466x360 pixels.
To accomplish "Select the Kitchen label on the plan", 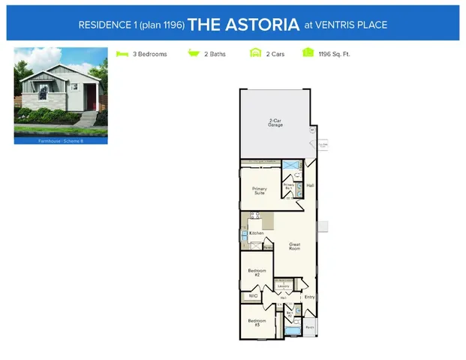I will tap(257, 234).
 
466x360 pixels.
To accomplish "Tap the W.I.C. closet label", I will tap(253, 296).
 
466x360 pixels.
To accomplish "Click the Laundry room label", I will tap(284, 286).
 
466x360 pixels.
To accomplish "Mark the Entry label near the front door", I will tap(309, 297).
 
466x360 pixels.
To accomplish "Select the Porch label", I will tap(310, 327).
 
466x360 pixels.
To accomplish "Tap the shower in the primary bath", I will tap(288, 166).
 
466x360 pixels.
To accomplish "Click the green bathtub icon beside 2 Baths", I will tap(193, 54).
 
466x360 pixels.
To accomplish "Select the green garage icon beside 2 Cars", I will tap(255, 54).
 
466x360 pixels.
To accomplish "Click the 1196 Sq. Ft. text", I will tap(335, 55).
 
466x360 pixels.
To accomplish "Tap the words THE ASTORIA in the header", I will tap(243, 24).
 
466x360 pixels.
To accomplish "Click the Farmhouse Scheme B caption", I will tap(61, 140).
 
